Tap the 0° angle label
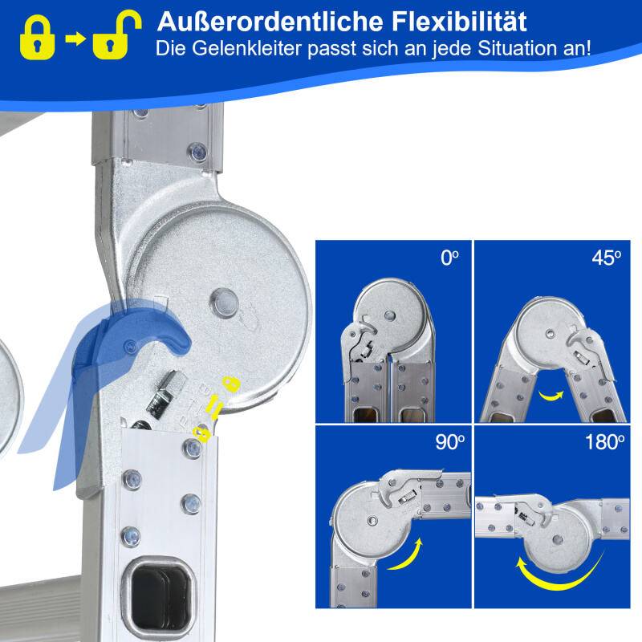point(449,258)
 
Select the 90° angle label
point(449,442)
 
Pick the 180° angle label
point(604,442)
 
